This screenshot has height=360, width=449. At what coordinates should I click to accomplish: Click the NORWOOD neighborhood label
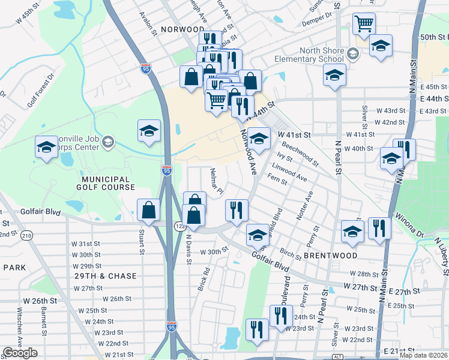182,29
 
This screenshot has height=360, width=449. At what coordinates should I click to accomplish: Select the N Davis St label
188,247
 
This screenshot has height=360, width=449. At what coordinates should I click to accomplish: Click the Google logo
20,353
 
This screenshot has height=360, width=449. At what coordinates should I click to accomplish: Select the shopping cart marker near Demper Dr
364,24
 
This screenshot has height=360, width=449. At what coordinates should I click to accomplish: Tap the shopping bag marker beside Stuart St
148,210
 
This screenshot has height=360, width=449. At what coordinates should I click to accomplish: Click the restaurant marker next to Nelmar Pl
237,210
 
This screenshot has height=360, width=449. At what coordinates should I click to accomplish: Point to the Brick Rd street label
203,275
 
